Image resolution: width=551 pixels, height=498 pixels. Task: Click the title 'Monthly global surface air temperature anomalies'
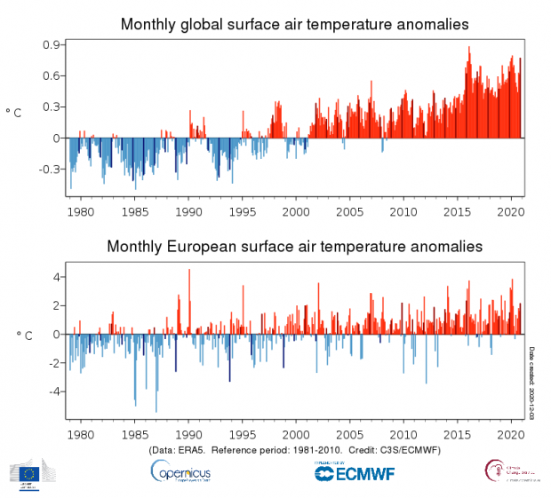tap(295, 24)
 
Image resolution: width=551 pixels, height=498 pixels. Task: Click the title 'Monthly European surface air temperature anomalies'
tap(295, 245)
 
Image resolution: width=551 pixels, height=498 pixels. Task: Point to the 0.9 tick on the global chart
tap(52, 44)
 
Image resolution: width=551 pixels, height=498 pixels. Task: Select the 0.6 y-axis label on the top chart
tap(52, 75)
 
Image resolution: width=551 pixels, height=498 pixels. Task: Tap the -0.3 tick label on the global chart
tap(50, 169)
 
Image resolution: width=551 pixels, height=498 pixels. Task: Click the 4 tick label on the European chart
tap(56, 277)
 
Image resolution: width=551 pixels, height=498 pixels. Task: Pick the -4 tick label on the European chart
tap(53, 391)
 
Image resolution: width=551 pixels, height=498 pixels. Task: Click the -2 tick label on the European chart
tap(53, 363)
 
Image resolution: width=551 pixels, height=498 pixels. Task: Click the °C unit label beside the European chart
tap(24, 335)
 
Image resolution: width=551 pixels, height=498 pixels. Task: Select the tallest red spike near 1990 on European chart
tap(189, 271)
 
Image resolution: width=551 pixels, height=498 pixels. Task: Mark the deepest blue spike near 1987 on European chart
tap(156, 410)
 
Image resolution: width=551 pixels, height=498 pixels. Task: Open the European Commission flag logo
tap(29, 473)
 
